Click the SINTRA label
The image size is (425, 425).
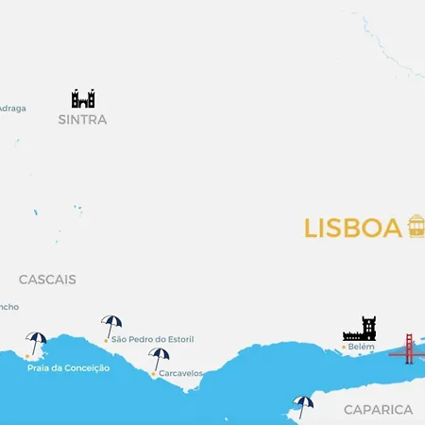[82, 120]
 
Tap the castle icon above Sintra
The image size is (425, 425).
[83, 98]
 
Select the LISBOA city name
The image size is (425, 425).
[353, 229]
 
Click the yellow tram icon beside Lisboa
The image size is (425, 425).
[416, 227]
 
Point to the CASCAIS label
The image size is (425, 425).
[47, 280]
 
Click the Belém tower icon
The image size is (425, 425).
[359, 330]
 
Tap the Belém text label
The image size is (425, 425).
[361, 348]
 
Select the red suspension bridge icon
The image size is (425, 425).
[409, 348]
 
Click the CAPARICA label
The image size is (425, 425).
[378, 410]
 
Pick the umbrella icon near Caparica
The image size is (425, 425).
[302, 405]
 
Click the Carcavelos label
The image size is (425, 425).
[180, 373]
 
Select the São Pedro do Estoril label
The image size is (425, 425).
[155, 338]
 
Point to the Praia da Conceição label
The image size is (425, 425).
[68, 367]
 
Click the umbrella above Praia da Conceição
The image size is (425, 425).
[37, 343]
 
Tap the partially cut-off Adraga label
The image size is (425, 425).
[12, 108]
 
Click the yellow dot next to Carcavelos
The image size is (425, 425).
[153, 373]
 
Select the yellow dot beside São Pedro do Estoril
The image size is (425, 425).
[106, 339]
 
